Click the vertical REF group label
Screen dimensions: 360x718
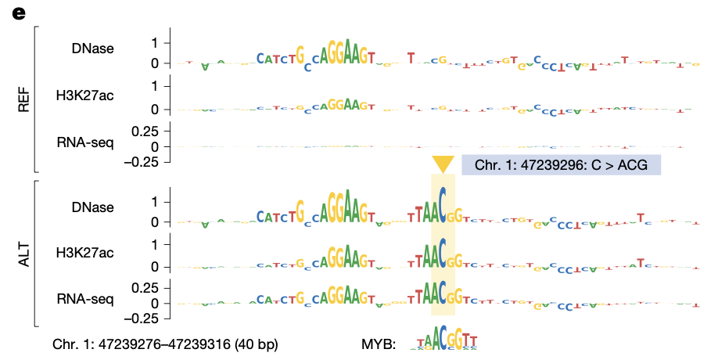pyautogui.click(x=23, y=98)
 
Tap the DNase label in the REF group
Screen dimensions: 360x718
pyautogui.click(x=92, y=49)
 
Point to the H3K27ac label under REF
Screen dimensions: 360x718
pyautogui.click(x=85, y=95)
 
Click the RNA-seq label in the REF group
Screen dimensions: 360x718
pyautogui.click(x=85, y=142)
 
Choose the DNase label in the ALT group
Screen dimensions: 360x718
pyautogui.click(x=92, y=207)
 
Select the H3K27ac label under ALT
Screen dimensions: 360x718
pyautogui.click(x=85, y=252)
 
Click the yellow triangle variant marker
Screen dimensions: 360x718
pyautogui.click(x=443, y=164)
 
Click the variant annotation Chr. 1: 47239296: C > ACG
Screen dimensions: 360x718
pyautogui.click(x=561, y=165)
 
